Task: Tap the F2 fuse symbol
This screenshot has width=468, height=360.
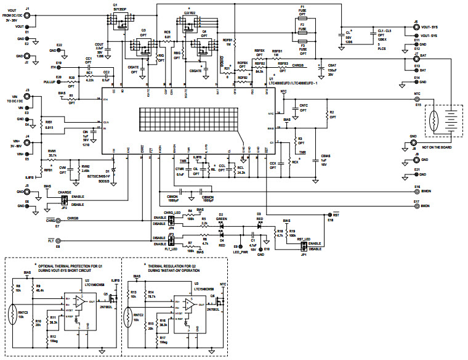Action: pyautogui.click(x=302, y=29)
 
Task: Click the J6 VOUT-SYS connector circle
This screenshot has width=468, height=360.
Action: pyautogui.click(x=416, y=28)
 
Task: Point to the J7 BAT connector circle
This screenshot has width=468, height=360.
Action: pyautogui.click(x=416, y=62)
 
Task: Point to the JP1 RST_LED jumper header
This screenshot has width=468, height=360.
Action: pyautogui.click(x=303, y=246)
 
